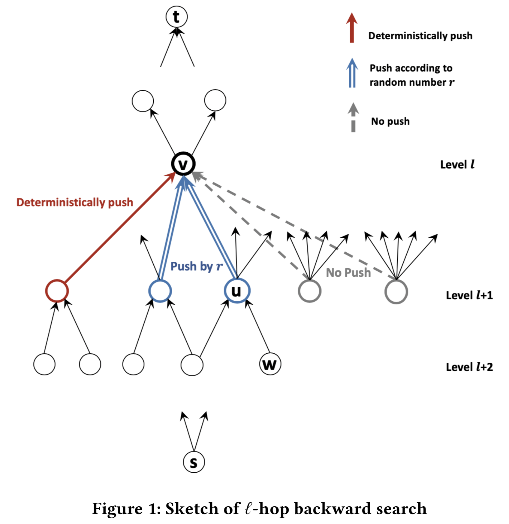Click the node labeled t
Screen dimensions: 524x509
pos(176,17)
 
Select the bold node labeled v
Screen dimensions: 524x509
pos(183,164)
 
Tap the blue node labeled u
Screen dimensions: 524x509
pos(237,291)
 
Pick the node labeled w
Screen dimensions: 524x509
pos(270,364)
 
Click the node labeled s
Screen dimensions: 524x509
pos(194,462)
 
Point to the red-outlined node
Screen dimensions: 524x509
pos(57,291)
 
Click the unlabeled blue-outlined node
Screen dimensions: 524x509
pos(160,291)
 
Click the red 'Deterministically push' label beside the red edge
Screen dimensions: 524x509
pos(75,202)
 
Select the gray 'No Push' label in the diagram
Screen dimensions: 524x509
pos(348,273)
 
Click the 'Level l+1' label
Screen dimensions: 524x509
pos(469,295)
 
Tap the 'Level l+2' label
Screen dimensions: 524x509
pos(469,367)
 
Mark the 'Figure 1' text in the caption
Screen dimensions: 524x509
pos(126,509)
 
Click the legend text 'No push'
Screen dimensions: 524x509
pos(390,121)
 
